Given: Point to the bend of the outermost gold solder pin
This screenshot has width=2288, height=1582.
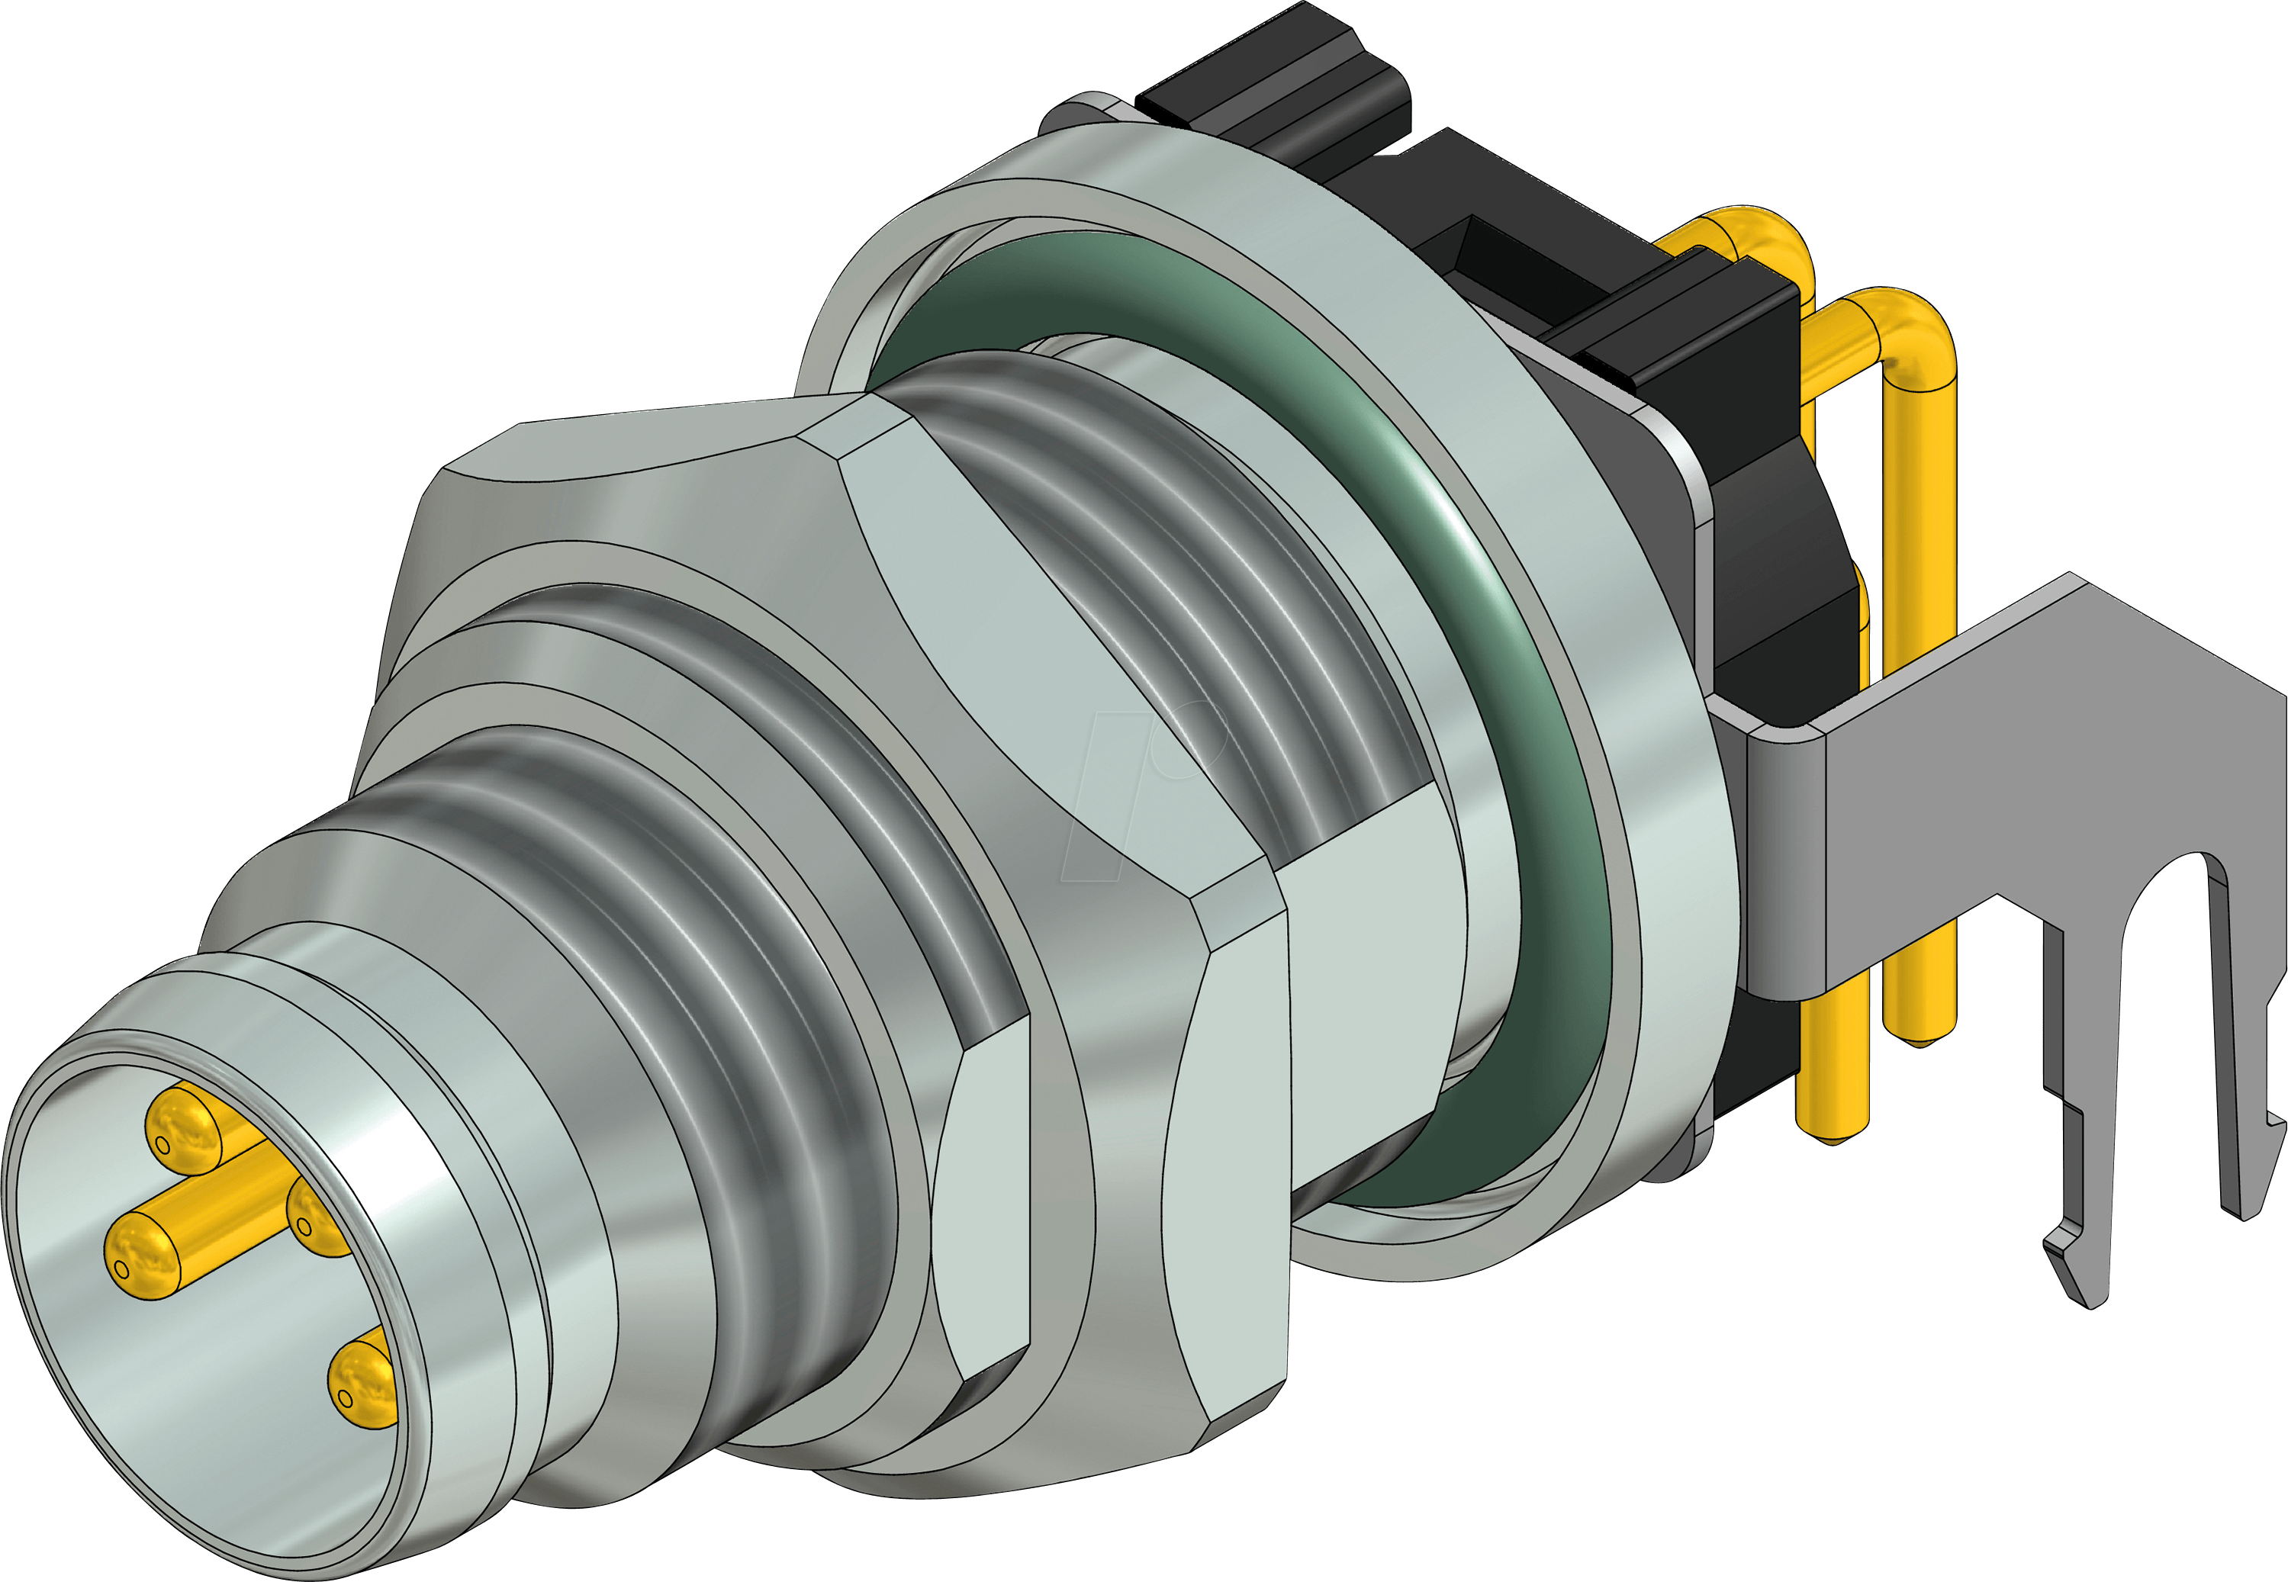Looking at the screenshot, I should click(x=1918, y=327).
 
